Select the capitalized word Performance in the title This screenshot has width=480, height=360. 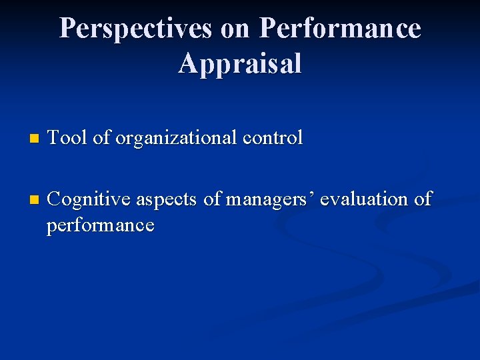click(340, 29)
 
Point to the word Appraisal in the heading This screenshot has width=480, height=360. click(240, 64)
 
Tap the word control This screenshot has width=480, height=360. click(273, 138)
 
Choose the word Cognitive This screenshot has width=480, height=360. click(90, 199)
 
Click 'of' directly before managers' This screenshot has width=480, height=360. click(212, 199)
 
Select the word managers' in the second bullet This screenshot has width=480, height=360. click(270, 199)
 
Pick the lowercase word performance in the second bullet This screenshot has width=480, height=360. click(100, 225)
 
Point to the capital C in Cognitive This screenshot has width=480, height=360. click(55, 199)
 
